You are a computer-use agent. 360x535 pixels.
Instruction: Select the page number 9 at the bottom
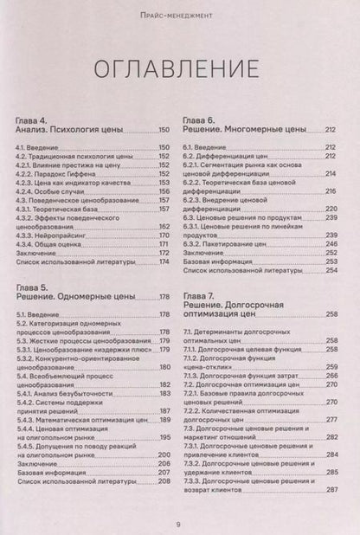pos(179,522)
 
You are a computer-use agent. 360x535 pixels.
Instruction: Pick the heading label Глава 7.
pos(200,298)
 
